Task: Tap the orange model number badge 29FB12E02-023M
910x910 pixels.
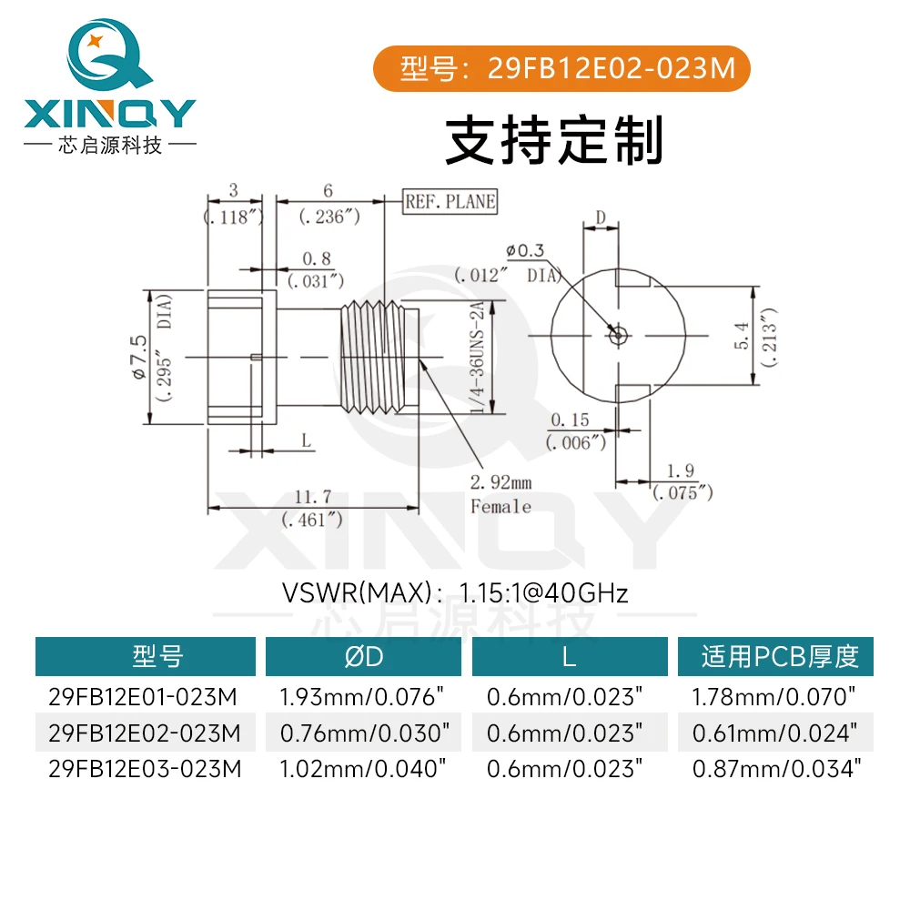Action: pyautogui.click(x=563, y=68)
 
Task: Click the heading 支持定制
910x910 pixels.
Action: pyautogui.click(x=554, y=140)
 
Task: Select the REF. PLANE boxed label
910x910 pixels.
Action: pyautogui.click(x=450, y=202)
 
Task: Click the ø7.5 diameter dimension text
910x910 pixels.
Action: pyautogui.click(x=138, y=357)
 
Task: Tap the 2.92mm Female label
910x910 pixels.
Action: pyautogui.click(x=500, y=494)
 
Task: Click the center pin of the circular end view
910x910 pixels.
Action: pyautogui.click(x=618, y=334)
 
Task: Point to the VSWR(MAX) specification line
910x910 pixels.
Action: pyautogui.click(x=455, y=594)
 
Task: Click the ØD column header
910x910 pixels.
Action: pyautogui.click(x=364, y=656)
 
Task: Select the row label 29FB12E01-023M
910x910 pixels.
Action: pyautogui.click(x=143, y=698)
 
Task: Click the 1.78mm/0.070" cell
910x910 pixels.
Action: pyautogui.click(x=775, y=698)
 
